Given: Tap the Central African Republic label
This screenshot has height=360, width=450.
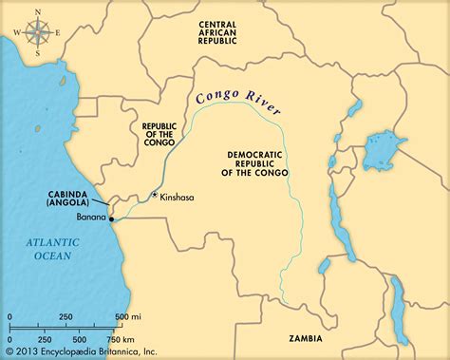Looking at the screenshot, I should (230, 33).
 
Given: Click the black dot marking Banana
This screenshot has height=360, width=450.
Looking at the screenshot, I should (111, 217).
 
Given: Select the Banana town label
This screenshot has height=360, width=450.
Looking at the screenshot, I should (88, 217).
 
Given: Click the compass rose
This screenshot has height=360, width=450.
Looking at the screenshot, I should (36, 31).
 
